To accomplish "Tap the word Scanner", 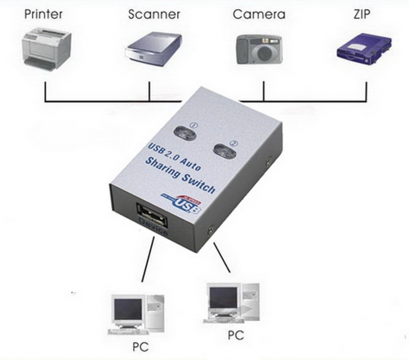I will (154, 14).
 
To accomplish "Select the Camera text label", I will (259, 14).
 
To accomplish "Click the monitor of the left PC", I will (127, 309).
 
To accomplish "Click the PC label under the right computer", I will (236, 335).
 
